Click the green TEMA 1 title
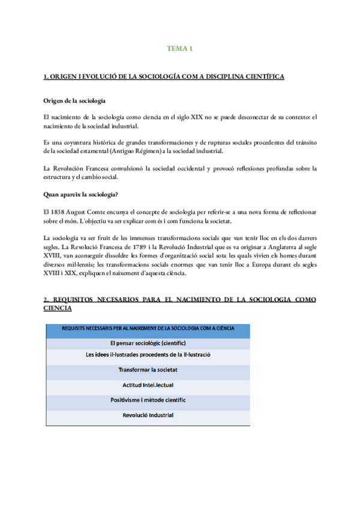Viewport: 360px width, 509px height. (179, 49)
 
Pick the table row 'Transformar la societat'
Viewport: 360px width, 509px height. (148, 371)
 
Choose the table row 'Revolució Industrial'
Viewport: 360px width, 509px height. (148, 415)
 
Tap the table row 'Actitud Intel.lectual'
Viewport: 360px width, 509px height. (148, 385)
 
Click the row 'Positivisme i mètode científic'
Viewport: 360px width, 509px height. (148, 400)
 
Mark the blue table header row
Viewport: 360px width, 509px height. (148, 328)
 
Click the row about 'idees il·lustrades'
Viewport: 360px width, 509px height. (148, 357)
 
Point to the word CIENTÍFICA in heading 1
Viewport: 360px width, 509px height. (258, 77)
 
